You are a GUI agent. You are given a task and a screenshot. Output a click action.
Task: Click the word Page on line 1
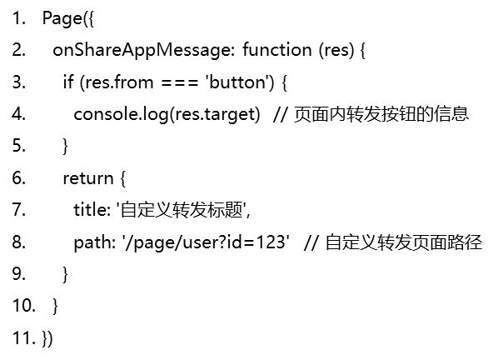coord(62,18)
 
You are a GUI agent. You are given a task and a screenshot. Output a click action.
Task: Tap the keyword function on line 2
coord(277,50)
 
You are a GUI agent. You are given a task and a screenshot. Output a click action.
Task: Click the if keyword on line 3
coord(68,82)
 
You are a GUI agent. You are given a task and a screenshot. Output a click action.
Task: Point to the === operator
coord(180,82)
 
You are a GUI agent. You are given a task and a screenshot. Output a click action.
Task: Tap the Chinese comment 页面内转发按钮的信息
coord(381,114)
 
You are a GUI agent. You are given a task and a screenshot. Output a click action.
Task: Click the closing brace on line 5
coord(66,147)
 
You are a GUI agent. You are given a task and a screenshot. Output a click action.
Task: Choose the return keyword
coord(88,178)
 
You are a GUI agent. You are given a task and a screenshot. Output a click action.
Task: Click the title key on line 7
coord(90,209)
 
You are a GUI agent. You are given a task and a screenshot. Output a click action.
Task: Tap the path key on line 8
coord(92,242)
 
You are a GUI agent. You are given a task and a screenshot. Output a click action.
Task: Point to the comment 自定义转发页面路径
coord(404,242)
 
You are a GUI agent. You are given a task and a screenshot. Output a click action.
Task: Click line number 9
coord(19,273)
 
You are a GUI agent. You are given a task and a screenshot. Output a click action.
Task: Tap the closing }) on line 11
coord(47,338)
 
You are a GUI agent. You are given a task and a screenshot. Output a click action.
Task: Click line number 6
coord(19,177)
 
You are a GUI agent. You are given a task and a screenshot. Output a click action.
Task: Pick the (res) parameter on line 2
coord(336,50)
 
